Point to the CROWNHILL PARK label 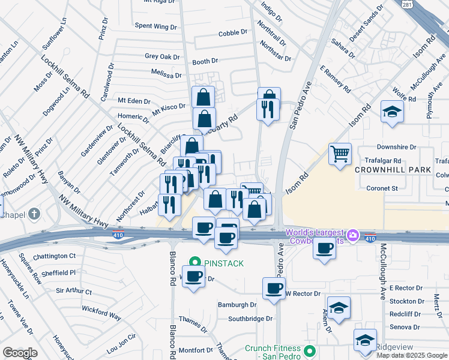393,170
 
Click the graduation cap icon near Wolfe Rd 392,112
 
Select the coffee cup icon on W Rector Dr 274,289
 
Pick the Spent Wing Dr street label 155,26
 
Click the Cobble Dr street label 233,33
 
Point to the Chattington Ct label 55,256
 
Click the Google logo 20,353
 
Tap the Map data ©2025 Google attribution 412,355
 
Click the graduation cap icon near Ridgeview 365,340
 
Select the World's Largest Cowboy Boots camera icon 354,233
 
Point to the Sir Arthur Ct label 74,291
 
